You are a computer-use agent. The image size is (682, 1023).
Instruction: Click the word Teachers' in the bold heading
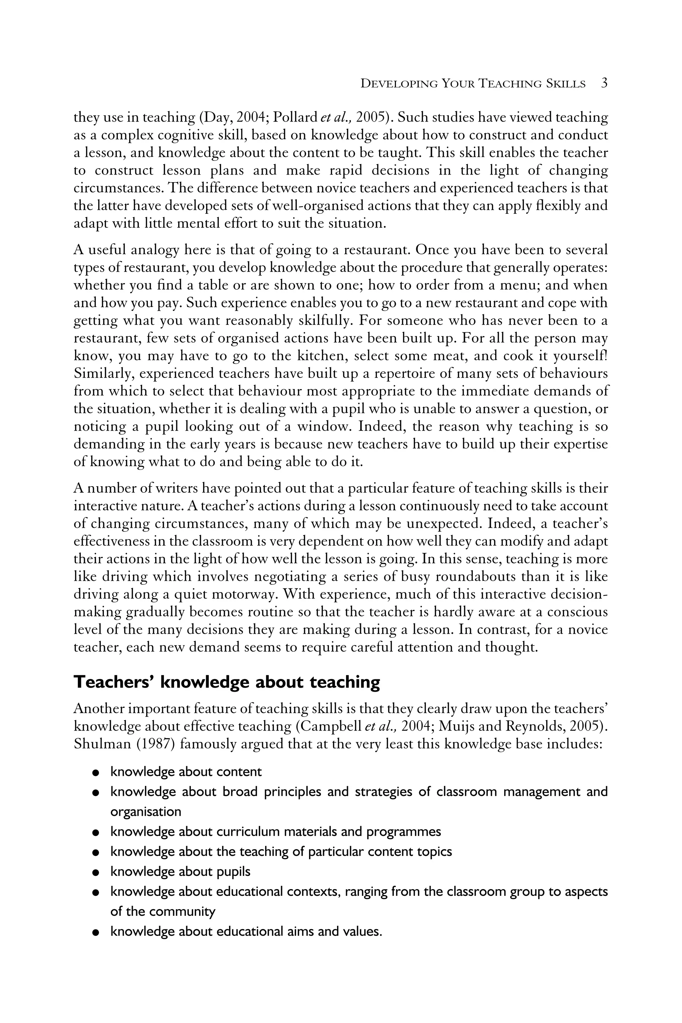114,682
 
